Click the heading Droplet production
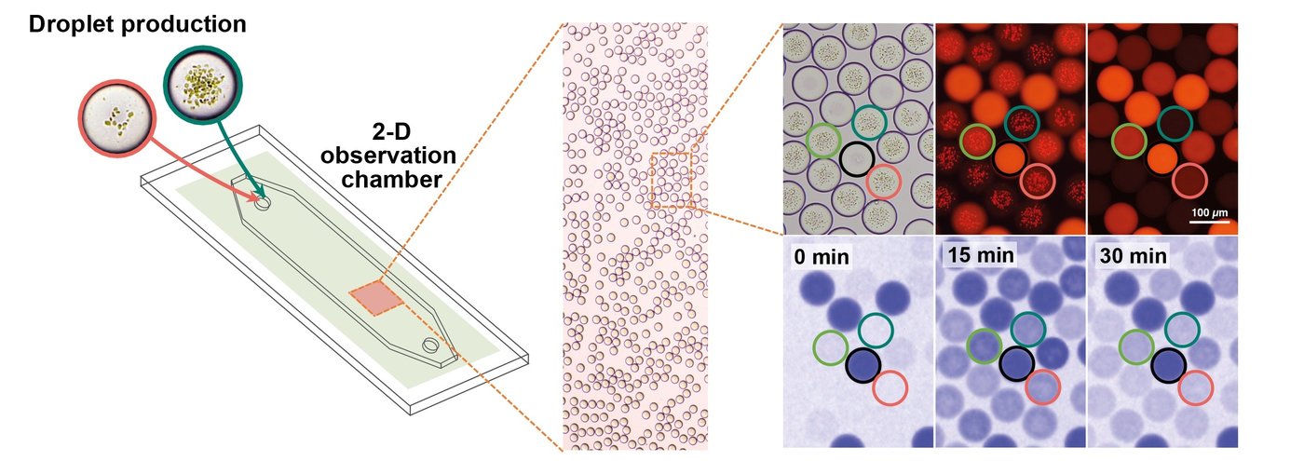pos(138,24)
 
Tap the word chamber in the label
pos(392,179)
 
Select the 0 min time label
pos(822,257)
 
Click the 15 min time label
pos(981,255)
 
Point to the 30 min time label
pos(1133,255)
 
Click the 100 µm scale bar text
pos(1210,212)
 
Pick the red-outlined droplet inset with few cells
pos(117,118)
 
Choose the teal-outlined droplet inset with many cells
pos(203,85)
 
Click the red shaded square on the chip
pos(376,298)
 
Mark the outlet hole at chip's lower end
pos(431,346)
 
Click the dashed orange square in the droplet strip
pos(671,180)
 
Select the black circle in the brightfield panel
pos(857,158)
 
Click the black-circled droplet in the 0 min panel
pos(863,365)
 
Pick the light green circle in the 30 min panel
pos(1136,346)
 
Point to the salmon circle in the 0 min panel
pos(890,387)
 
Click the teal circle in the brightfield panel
pos(869,122)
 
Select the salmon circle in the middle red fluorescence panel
pos(1038,181)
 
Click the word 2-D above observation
pos(391,132)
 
